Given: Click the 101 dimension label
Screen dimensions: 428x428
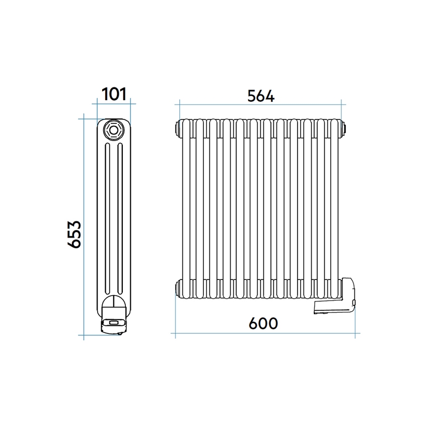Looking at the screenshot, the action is (114, 94).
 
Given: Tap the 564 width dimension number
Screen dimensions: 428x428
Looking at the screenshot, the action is (261, 96).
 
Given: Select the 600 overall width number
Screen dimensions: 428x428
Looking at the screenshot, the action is (263, 323).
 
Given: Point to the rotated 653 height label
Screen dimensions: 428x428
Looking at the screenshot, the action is (74, 235).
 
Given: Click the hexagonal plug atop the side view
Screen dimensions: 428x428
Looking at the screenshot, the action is (114, 130).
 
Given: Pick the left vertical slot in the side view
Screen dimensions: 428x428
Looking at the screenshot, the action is (107, 219).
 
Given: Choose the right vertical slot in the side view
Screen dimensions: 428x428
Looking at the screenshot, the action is (120, 219).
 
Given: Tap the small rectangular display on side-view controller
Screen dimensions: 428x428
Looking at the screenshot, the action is (114, 322).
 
